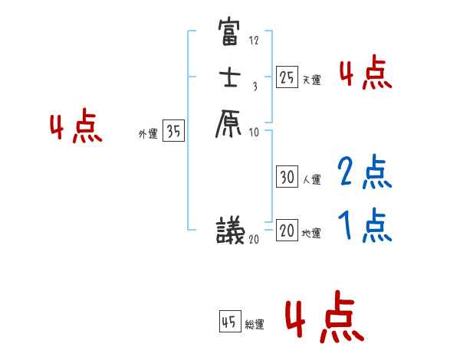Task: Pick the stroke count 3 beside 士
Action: coord(254,86)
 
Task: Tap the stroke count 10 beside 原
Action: coord(254,132)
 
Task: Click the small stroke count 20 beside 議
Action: coord(254,239)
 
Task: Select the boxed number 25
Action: coord(287,77)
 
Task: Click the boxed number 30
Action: coord(287,177)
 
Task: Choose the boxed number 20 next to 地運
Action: coord(287,231)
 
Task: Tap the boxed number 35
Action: coord(174,131)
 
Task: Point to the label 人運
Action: coord(311,180)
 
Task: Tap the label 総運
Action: coord(255,325)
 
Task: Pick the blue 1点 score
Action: coord(365,226)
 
